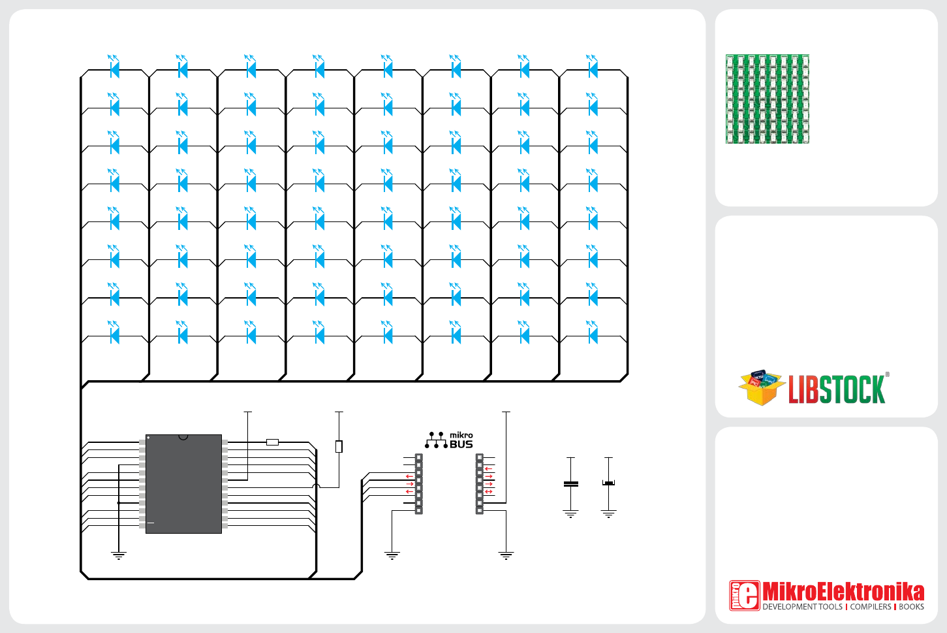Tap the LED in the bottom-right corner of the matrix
point(593,335)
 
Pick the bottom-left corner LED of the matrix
point(115,335)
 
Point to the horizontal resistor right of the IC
point(273,442)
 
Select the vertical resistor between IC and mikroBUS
point(339,447)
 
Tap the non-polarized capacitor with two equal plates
point(571,484)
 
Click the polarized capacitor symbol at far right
point(609,483)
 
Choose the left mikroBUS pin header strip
point(419,484)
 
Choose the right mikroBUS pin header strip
point(480,484)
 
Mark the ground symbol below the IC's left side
point(119,557)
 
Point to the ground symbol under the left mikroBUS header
point(392,557)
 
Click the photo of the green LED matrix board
point(768,99)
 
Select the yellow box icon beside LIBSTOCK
point(760,387)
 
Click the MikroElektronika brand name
point(843,592)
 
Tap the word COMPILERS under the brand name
point(871,607)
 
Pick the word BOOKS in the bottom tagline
point(911,607)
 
